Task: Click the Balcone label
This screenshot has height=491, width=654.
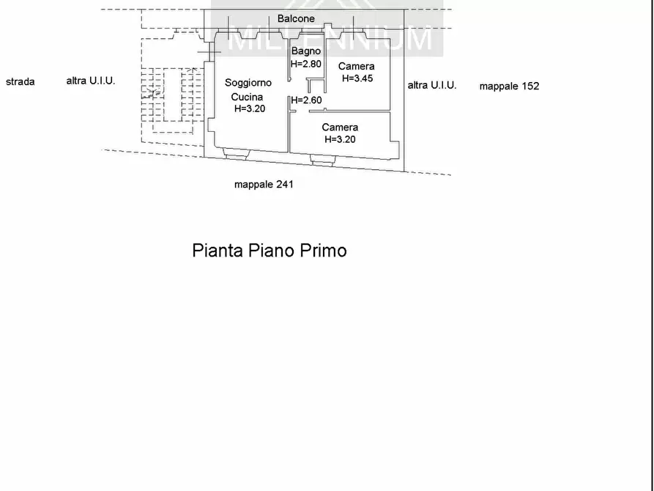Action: tap(296, 19)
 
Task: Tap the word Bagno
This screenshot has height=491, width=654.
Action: tap(306, 52)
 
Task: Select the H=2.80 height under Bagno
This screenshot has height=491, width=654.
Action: tap(306, 64)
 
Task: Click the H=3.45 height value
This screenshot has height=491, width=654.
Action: tap(357, 78)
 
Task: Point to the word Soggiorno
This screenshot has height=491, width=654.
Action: tap(248, 83)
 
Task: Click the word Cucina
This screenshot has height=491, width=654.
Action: tap(247, 97)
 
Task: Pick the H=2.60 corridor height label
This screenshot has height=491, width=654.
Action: tap(307, 100)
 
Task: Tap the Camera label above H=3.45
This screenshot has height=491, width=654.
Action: tap(356, 66)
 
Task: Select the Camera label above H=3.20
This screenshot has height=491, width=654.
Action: tap(340, 127)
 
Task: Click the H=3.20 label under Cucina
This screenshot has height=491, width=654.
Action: tap(250, 108)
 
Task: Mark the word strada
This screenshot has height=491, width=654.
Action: tap(20, 81)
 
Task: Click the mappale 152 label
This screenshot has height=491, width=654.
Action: tap(509, 86)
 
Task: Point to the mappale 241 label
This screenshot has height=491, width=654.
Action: tap(264, 184)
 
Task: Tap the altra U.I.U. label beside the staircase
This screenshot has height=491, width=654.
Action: tap(91, 81)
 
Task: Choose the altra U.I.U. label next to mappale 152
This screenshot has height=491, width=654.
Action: tap(432, 85)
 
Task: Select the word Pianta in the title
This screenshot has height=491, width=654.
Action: tap(218, 251)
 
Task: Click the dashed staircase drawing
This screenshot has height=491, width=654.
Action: tap(172, 100)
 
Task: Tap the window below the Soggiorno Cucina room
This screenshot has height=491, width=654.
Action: tap(237, 153)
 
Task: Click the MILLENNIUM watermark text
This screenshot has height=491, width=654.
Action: tap(330, 38)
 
